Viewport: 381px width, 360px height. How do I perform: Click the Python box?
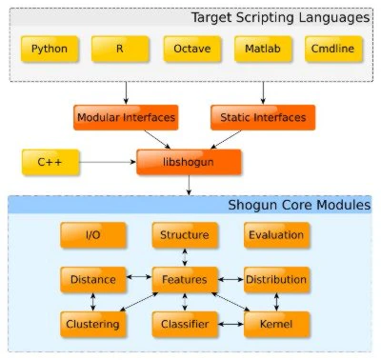50,49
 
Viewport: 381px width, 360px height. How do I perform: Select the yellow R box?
120,49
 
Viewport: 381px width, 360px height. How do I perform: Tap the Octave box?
192,49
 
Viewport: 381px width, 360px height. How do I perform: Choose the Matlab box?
263,49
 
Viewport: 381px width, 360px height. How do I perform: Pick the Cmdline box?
333,49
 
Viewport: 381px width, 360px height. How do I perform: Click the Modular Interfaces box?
126,117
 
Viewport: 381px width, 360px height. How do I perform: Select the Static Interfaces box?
263,117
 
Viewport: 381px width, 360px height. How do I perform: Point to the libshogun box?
189,162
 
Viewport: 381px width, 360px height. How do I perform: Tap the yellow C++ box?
50,162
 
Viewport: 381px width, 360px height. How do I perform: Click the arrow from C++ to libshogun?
108,162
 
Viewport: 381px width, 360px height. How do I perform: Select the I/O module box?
93,235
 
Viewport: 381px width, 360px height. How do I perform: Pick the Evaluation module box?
276,235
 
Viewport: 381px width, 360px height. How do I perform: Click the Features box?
185,279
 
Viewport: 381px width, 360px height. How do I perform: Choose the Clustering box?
93,324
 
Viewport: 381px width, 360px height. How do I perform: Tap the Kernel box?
276,324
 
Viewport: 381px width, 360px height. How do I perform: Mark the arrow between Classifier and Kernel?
231,324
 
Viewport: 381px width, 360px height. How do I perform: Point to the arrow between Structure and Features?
185,257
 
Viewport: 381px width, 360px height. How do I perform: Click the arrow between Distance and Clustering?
93,302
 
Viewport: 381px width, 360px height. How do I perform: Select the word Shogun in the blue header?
252,206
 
